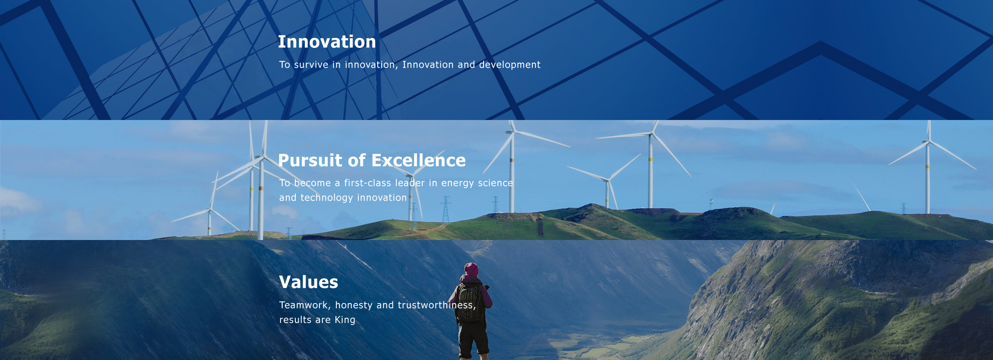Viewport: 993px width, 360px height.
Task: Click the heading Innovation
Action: pos(327,42)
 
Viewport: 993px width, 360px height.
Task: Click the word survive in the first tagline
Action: pos(311,65)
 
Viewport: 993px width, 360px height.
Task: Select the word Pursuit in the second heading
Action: pos(310,160)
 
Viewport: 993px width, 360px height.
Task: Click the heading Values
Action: pos(309,282)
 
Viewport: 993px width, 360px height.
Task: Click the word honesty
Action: pos(354,306)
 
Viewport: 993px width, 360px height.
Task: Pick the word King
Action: pos(345,320)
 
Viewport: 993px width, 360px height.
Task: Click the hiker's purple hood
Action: pos(471,270)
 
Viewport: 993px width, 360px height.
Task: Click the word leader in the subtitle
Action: pos(410,183)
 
